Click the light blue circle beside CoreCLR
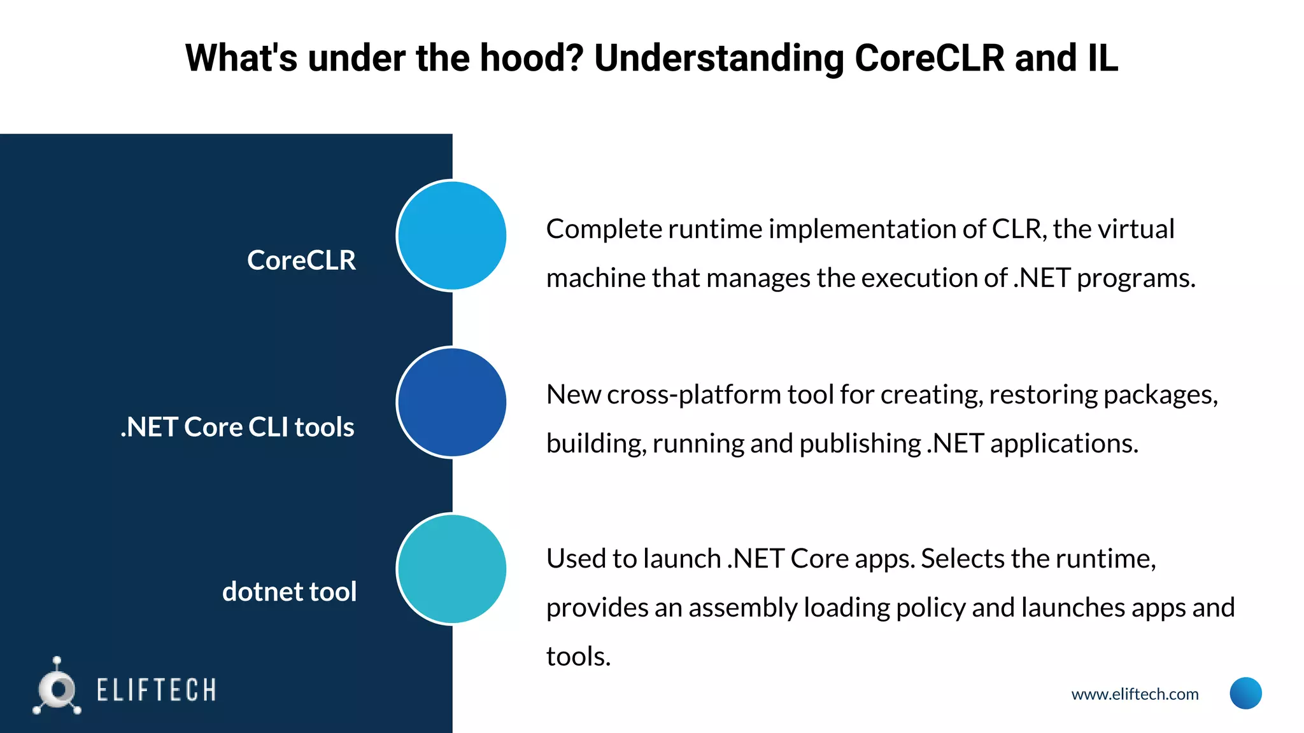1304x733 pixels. tap(451, 235)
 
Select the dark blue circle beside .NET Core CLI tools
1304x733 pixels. tap(451, 402)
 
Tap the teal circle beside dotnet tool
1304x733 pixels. tap(451, 569)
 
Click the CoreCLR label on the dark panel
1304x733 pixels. tap(301, 260)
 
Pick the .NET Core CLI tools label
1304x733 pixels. tap(237, 427)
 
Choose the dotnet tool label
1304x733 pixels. tap(289, 592)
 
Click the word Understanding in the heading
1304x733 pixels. tap(719, 59)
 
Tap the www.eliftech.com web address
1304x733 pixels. tap(1135, 694)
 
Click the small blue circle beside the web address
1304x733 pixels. tap(1245, 693)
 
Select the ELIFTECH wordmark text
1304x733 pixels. tap(156, 690)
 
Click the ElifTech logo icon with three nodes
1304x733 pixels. tap(57, 688)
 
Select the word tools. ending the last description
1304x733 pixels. tap(578, 657)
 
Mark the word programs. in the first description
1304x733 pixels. tap(1136, 279)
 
